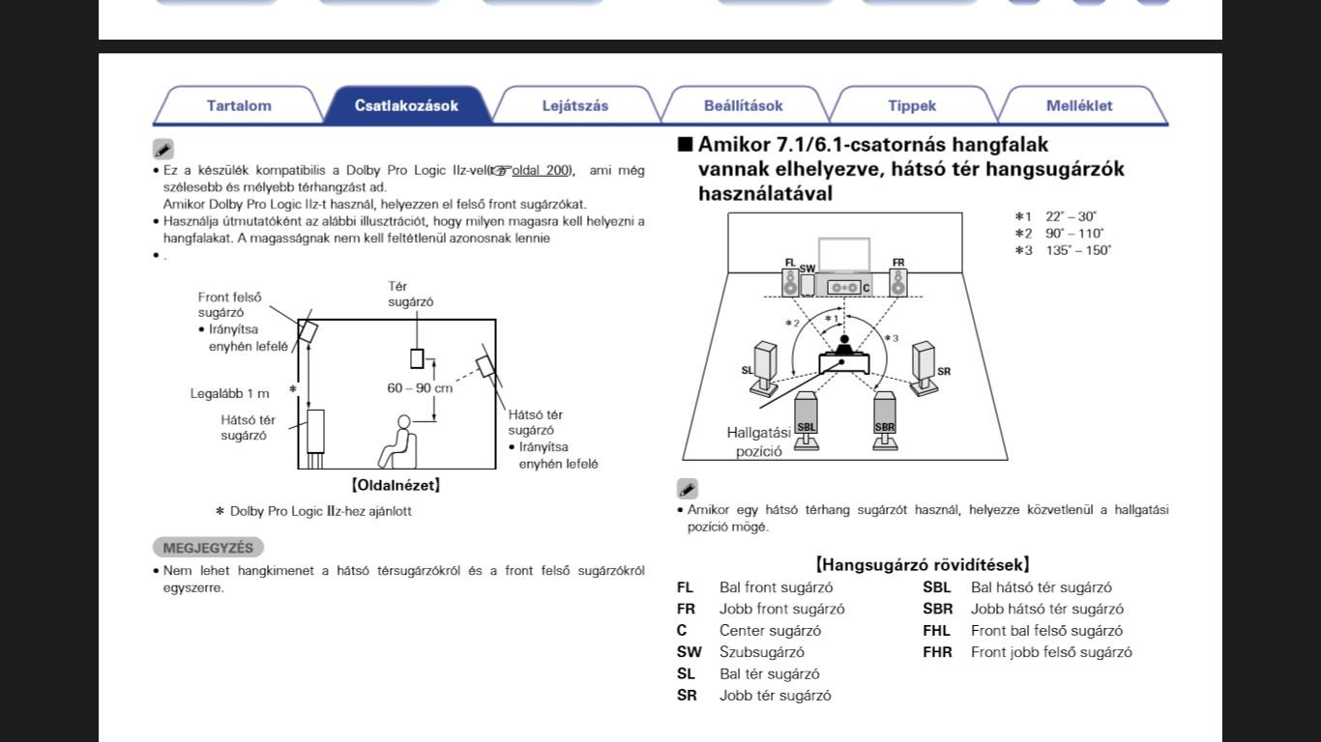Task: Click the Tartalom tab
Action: coord(239,105)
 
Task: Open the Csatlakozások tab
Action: coord(406,105)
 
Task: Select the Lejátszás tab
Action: coord(575,105)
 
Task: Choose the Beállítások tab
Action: coord(743,105)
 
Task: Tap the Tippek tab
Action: coord(912,105)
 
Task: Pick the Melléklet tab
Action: coord(1079,105)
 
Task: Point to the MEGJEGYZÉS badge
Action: coord(208,548)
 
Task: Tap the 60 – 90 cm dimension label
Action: coord(420,388)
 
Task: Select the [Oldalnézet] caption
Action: coord(396,485)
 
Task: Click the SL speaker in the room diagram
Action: coord(764,366)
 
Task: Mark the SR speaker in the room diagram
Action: coord(925,366)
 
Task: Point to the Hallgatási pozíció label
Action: coord(758,442)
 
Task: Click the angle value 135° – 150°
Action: coord(1077,250)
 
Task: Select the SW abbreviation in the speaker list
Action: coord(689,652)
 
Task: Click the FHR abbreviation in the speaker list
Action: coord(937,652)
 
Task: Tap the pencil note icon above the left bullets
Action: coord(163,150)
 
